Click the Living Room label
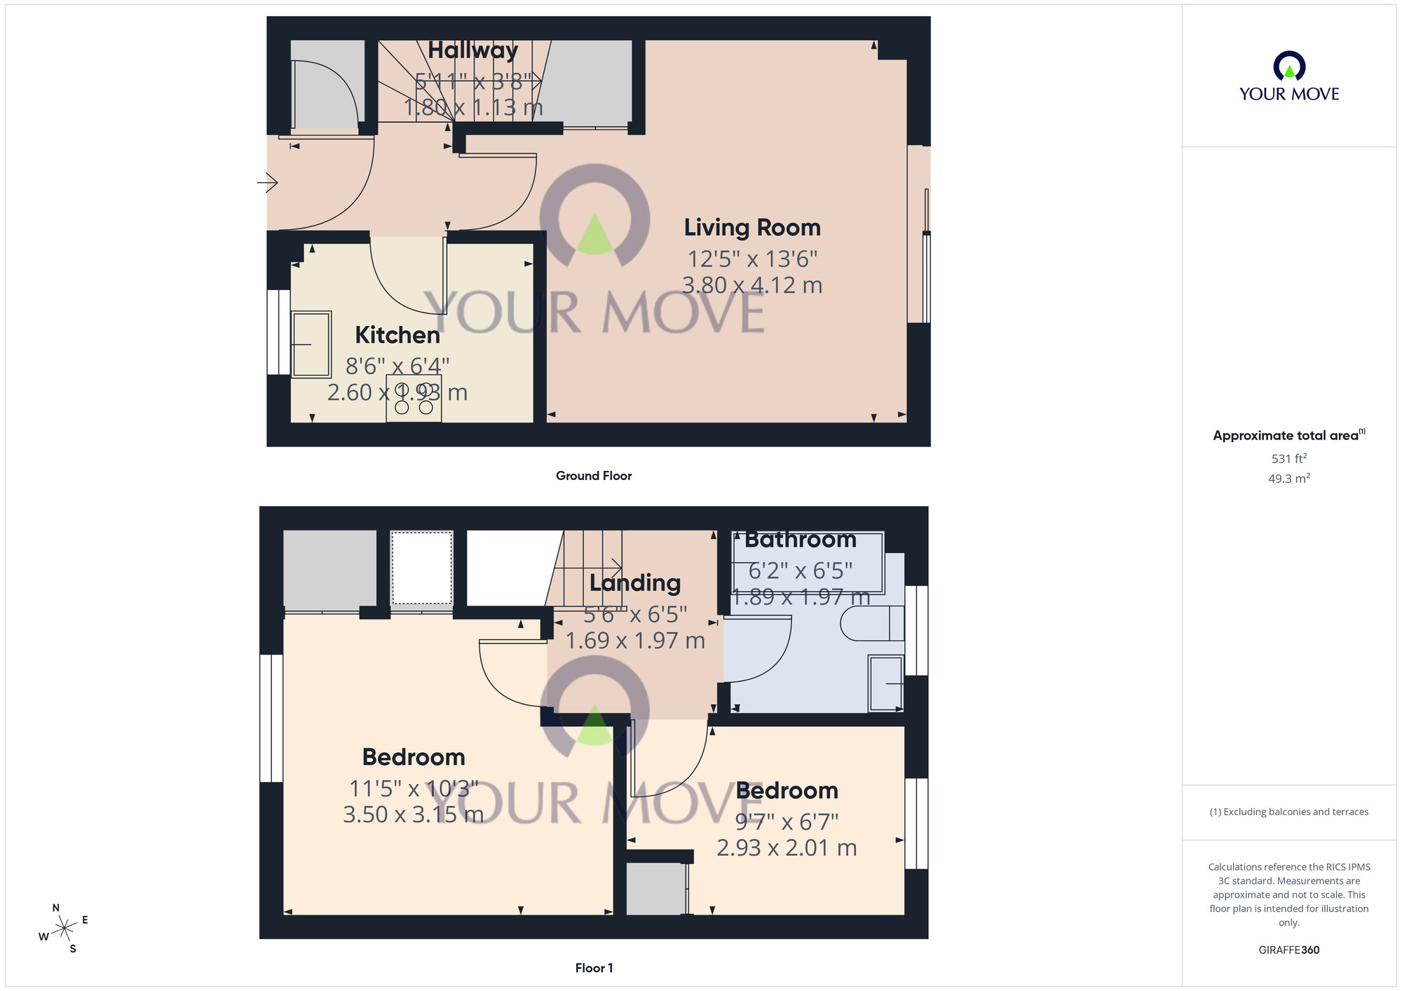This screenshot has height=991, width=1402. tap(752, 228)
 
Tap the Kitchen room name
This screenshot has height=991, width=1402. tap(397, 335)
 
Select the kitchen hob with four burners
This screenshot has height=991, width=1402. tap(414, 399)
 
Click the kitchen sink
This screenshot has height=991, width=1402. tap(311, 344)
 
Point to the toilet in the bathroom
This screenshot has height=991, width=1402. tap(871, 623)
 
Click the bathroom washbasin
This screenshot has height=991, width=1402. tap(885, 683)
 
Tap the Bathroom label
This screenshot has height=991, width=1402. tap(800, 540)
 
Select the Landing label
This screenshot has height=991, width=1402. tap(635, 583)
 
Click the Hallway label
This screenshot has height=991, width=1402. tap(473, 50)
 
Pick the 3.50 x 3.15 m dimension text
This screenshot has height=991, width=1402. tap(413, 814)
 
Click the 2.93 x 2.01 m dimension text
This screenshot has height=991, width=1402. tap(787, 848)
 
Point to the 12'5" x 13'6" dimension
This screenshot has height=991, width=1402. tap(752, 259)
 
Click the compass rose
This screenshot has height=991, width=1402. tap(64, 929)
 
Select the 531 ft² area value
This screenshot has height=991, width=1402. tap(1289, 458)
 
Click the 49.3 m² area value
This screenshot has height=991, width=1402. tap(1289, 479)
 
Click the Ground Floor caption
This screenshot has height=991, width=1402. tap(594, 476)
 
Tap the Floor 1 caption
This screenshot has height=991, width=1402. tap(594, 968)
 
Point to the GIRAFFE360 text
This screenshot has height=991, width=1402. tap(1289, 950)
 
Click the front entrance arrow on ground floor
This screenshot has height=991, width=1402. tap(267, 183)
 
